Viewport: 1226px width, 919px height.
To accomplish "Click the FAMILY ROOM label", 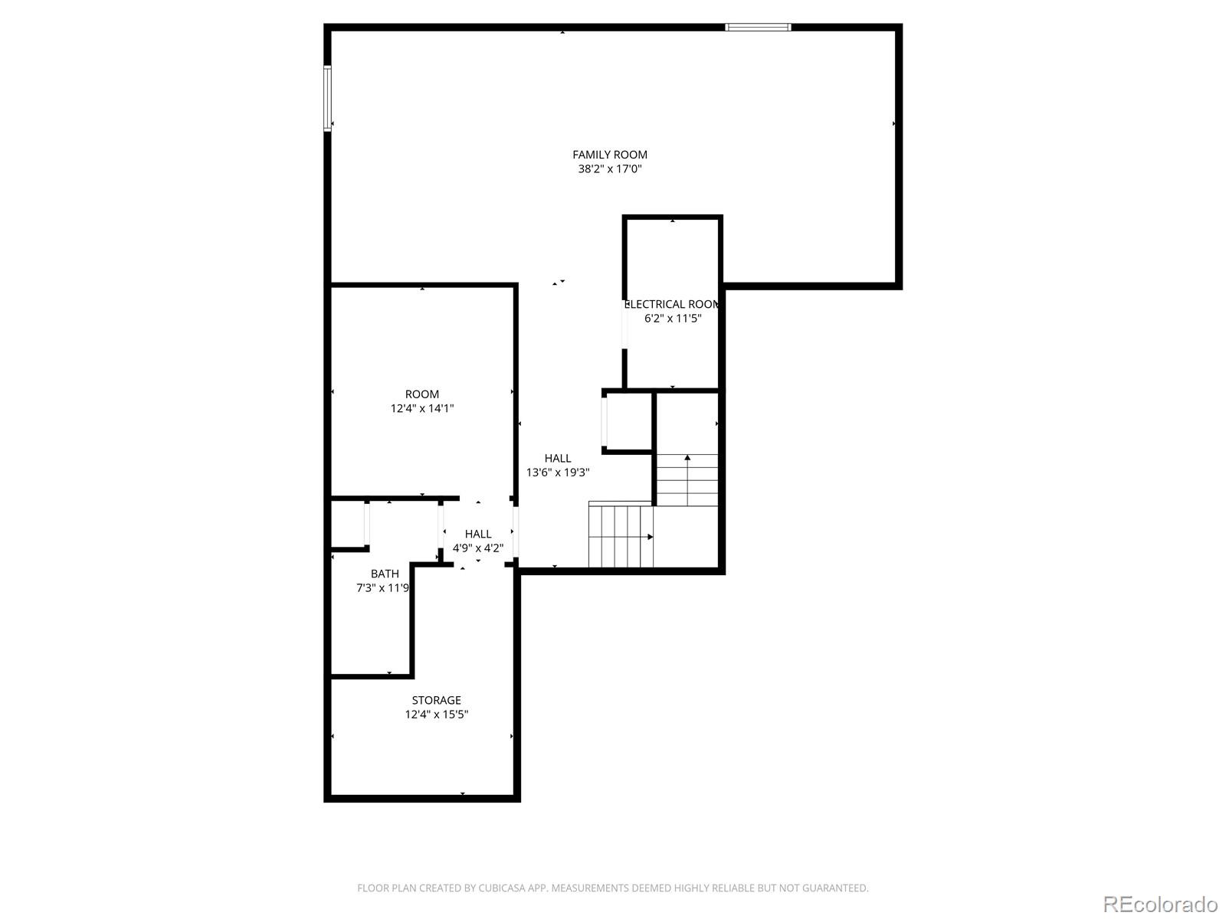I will point(609,155).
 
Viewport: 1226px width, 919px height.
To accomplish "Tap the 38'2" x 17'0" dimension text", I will point(609,169).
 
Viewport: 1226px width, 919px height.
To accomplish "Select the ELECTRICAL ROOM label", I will point(672,304).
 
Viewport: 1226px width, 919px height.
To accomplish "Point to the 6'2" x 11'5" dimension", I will point(673,318).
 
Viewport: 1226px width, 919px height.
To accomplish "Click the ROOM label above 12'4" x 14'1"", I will point(422,394).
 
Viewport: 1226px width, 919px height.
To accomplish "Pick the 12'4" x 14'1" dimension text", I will point(422,409).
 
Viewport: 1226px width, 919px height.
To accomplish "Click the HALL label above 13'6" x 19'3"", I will point(558,459).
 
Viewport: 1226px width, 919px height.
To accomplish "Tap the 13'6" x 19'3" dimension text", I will point(558,473).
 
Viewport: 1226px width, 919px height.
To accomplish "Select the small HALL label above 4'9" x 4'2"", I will point(478,534).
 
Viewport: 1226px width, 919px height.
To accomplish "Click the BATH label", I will point(385,574).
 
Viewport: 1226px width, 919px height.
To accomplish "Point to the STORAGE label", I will point(437,700).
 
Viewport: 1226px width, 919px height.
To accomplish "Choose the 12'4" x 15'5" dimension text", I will point(437,715).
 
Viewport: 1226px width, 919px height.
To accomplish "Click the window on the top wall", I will point(758,28).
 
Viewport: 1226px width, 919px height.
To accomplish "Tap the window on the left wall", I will point(327,98).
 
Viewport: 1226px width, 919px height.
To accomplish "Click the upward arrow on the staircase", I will point(687,458).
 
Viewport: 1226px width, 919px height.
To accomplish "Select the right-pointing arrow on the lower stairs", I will point(650,537).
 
